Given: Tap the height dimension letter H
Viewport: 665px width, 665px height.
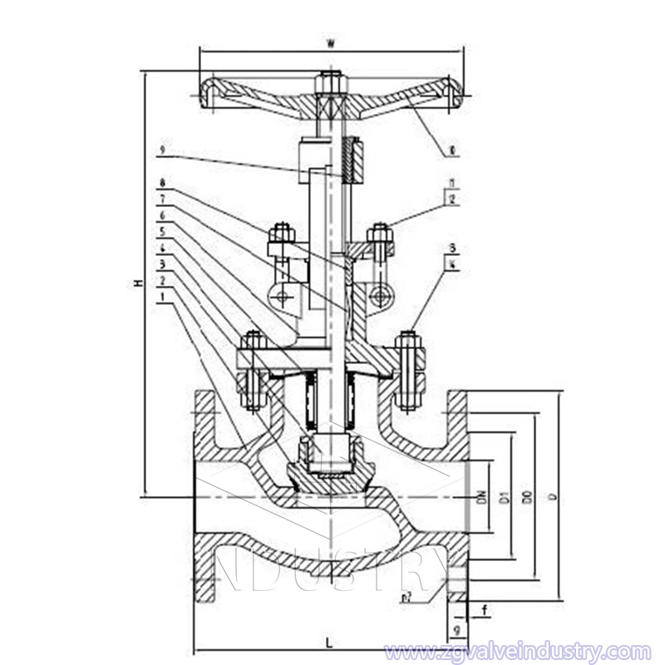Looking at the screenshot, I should pyautogui.click(x=139, y=283).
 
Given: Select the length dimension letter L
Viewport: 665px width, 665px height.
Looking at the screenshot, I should pyautogui.click(x=330, y=642).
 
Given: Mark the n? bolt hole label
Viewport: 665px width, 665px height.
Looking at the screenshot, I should pyautogui.click(x=408, y=597).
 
